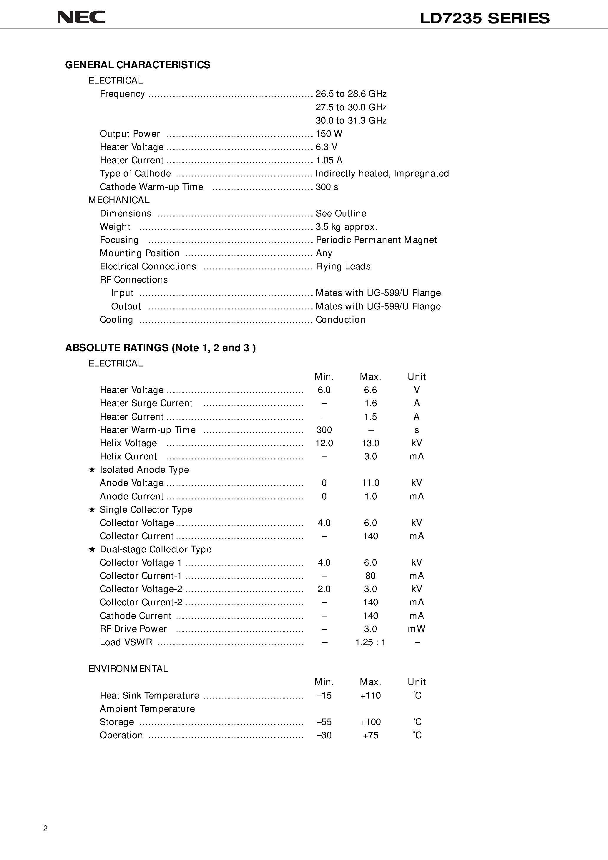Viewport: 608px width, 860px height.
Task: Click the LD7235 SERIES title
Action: coord(484,18)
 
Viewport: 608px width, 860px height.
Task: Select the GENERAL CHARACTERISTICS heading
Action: coord(137,65)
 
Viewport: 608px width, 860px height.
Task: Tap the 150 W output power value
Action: coord(329,134)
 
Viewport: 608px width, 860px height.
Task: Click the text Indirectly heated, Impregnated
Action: coord(382,174)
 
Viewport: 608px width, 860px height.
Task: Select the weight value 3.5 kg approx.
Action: coord(346,226)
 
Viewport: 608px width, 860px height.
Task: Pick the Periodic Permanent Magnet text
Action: coord(376,240)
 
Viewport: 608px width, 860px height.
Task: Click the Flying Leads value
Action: coord(343,266)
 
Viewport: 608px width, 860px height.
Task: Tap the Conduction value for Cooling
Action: coord(340,319)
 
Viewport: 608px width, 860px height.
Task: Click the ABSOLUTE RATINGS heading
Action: coord(160,348)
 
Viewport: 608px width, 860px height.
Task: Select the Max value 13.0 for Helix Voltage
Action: coord(370,443)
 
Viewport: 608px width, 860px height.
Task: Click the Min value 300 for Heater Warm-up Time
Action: coord(324,430)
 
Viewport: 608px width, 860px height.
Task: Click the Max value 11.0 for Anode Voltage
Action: coord(370,483)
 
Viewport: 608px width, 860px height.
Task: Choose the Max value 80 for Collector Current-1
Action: coord(370,576)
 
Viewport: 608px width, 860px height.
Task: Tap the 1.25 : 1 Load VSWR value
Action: coord(370,642)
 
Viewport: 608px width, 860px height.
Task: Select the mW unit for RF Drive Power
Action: coord(416,629)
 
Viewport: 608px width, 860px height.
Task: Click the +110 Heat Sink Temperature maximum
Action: coord(370,696)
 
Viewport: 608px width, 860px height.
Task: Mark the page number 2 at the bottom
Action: coord(46,828)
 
